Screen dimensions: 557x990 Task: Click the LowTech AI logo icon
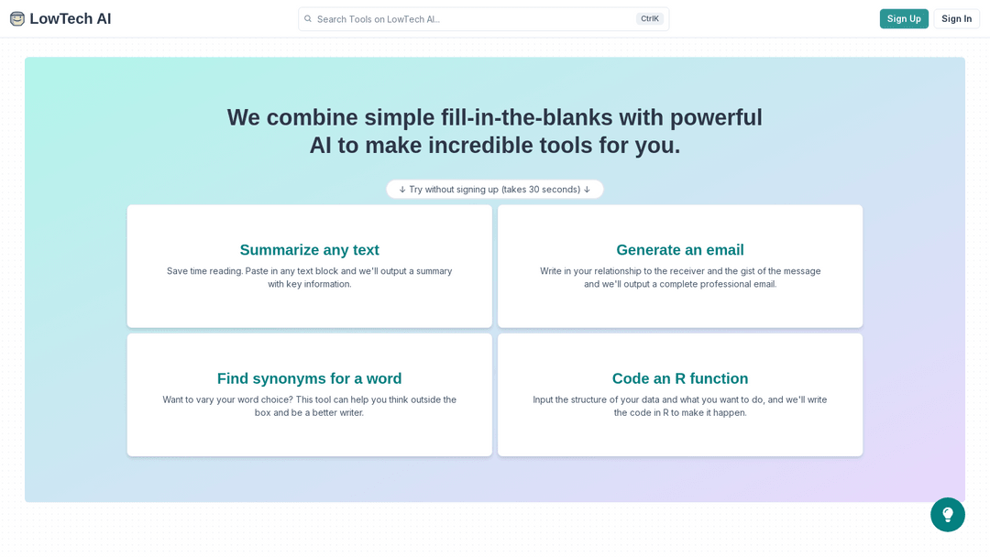pyautogui.click(x=17, y=18)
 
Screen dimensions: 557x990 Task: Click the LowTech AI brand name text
pyautogui.click(x=71, y=18)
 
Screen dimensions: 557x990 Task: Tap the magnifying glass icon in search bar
pyautogui.click(x=308, y=18)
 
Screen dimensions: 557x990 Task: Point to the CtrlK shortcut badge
pyautogui.click(x=650, y=18)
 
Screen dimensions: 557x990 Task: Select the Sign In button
pyautogui.click(x=956, y=18)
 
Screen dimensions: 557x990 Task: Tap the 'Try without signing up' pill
pyautogui.click(x=495, y=190)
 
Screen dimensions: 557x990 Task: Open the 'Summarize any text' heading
pyautogui.click(x=310, y=250)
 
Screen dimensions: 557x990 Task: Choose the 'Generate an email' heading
pyautogui.click(x=680, y=250)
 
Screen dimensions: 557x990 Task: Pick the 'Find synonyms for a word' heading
pyautogui.click(x=310, y=378)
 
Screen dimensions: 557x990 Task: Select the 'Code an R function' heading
pyautogui.click(x=680, y=378)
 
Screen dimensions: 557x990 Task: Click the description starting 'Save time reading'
pyautogui.click(x=310, y=278)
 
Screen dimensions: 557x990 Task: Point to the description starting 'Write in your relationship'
pyautogui.click(x=680, y=278)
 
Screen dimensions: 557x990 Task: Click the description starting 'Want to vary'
pyautogui.click(x=310, y=406)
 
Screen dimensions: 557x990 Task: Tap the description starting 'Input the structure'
pyautogui.click(x=680, y=406)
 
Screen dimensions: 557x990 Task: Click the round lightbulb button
pyautogui.click(x=947, y=515)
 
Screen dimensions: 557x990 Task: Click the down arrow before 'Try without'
pyautogui.click(x=402, y=190)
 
